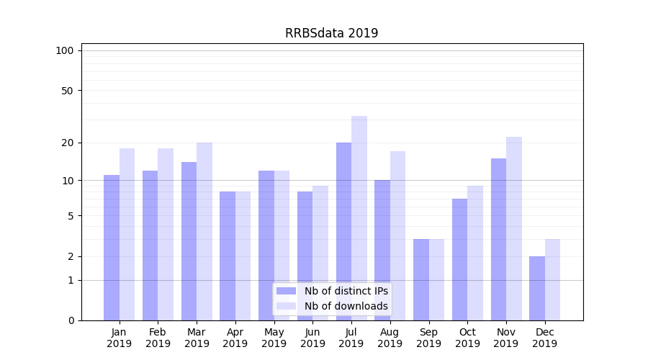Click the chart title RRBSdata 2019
click(331, 33)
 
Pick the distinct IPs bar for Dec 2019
click(537, 288)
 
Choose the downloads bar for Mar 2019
click(204, 231)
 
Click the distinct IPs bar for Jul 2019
click(343, 231)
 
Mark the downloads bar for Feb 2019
click(166, 234)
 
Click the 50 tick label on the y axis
click(68, 91)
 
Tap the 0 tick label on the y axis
click(71, 320)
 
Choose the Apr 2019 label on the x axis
click(235, 338)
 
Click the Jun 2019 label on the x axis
click(312, 338)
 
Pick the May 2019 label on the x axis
click(274, 338)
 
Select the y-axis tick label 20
click(68, 143)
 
